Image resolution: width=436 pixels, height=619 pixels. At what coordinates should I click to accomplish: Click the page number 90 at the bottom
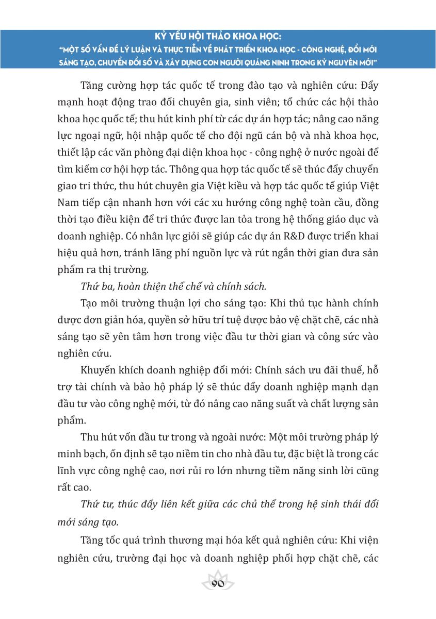217,584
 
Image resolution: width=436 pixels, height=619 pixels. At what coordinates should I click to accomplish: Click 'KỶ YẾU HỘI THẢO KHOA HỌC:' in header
218,37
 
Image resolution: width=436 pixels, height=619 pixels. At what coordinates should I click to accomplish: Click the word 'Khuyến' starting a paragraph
98,372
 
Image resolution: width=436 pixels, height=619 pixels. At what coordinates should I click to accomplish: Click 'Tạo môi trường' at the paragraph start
111,302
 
